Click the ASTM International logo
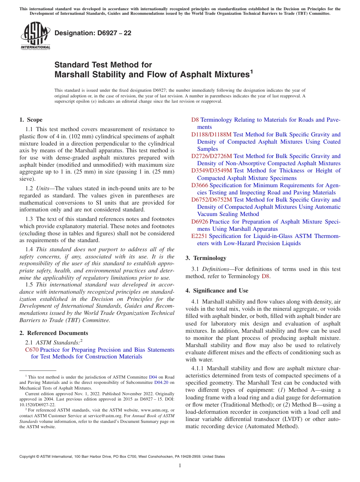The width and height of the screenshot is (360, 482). pyautogui.click(x=35, y=36)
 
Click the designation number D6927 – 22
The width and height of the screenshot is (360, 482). pyautogui.click(x=93, y=33)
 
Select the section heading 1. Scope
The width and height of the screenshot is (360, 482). pyautogui.click(x=31, y=120)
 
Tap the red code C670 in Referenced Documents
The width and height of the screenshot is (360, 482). pyautogui.click(x=32, y=350)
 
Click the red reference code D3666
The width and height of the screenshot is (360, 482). pyautogui.click(x=200, y=185)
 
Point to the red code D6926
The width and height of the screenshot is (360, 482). pyautogui.click(x=200, y=222)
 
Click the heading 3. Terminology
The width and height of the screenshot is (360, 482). pyautogui.click(x=206, y=258)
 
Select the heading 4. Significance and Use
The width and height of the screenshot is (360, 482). pyautogui.click(x=217, y=291)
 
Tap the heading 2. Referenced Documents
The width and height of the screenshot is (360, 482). pyautogui.click(x=54, y=333)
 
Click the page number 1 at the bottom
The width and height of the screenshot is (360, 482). pyautogui.click(x=180, y=465)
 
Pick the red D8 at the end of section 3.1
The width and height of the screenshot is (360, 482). pyautogui.click(x=266, y=276)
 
